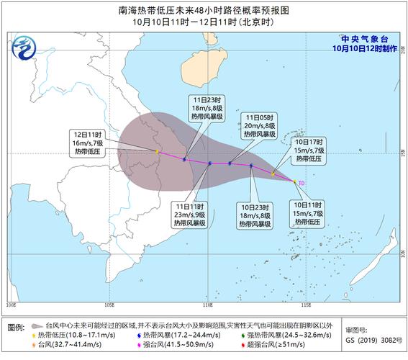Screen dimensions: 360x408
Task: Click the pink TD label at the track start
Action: (302, 183)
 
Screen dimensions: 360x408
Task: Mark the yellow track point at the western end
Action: (156, 151)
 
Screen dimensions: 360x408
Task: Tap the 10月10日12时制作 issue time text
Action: (364, 48)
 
